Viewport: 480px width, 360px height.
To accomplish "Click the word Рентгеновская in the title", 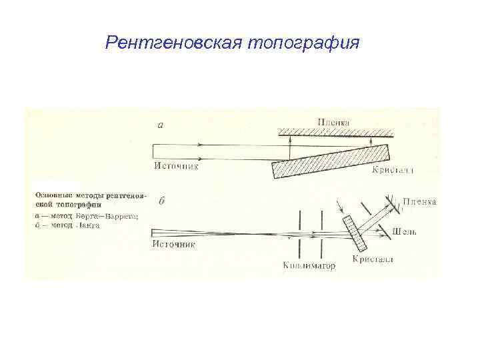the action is click(175, 44).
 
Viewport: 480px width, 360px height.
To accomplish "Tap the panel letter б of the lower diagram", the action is click(161, 202).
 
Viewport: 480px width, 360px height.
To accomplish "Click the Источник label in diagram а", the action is click(176, 166).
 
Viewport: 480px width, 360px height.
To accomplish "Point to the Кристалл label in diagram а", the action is click(393, 171).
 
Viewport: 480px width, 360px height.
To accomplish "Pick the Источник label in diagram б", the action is click(175, 244).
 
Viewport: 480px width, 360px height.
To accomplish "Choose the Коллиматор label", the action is click(309, 266).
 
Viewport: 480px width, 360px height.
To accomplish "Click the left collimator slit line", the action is click(302, 233).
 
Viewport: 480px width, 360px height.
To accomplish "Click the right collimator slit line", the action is click(322, 233).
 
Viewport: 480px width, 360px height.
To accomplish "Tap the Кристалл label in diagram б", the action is click(373, 259).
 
